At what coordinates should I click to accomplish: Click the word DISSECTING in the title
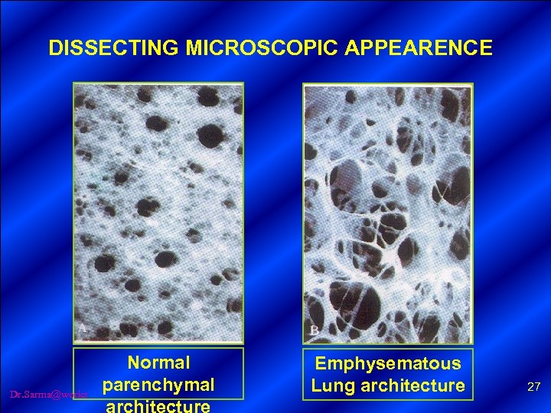point(113,48)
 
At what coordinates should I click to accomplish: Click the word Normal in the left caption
point(158,362)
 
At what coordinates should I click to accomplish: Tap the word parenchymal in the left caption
point(158,382)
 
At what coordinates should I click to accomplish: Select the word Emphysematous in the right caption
point(388,364)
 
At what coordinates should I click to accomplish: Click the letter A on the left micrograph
point(82,328)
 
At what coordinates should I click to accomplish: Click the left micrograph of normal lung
point(158,212)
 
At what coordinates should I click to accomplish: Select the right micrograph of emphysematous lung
point(388,213)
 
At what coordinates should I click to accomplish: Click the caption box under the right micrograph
point(388,374)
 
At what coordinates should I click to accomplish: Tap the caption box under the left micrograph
point(158,373)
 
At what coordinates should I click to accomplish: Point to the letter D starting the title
point(55,48)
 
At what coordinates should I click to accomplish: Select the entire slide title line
point(270,48)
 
